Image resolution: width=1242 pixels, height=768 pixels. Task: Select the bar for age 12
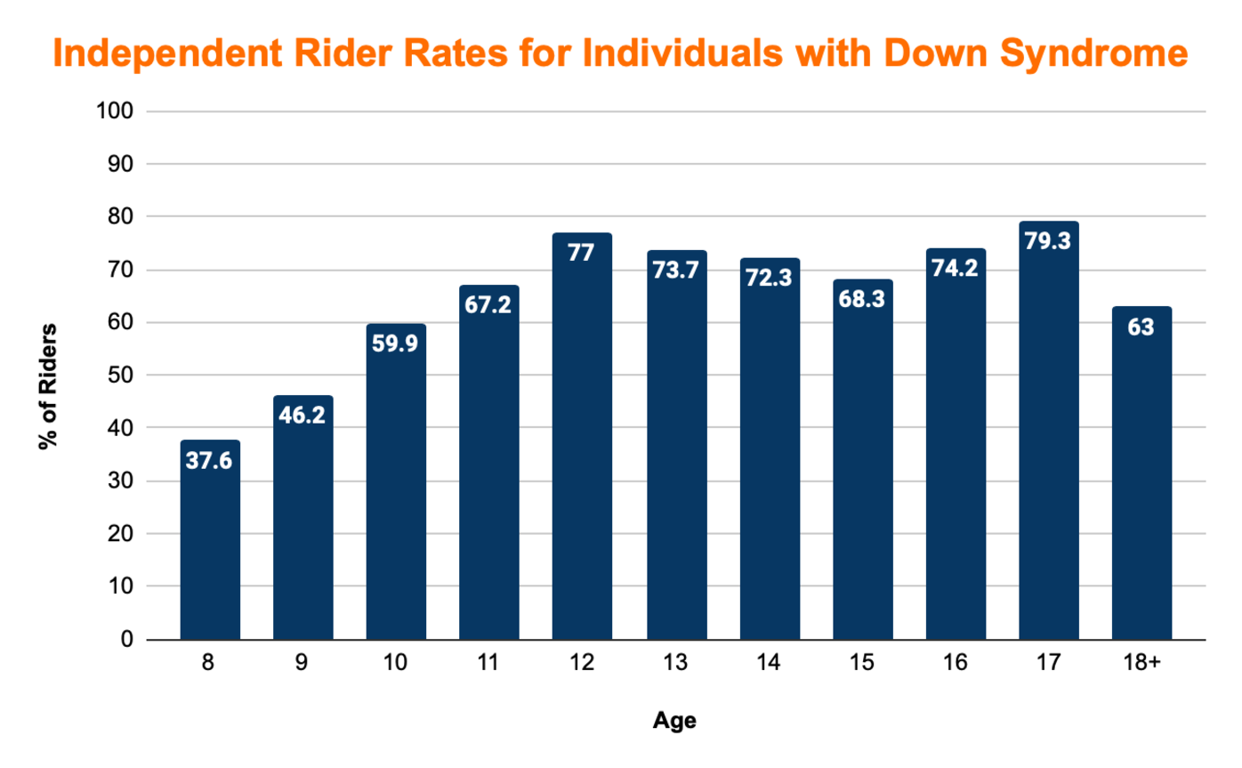click(582, 436)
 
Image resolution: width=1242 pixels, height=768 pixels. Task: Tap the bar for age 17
click(1048, 431)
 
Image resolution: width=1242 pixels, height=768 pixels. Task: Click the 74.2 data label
click(956, 268)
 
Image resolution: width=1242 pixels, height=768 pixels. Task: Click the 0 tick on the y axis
click(126, 640)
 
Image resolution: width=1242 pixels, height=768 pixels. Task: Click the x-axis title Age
click(674, 721)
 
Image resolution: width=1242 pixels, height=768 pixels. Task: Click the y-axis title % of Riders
click(48, 387)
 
